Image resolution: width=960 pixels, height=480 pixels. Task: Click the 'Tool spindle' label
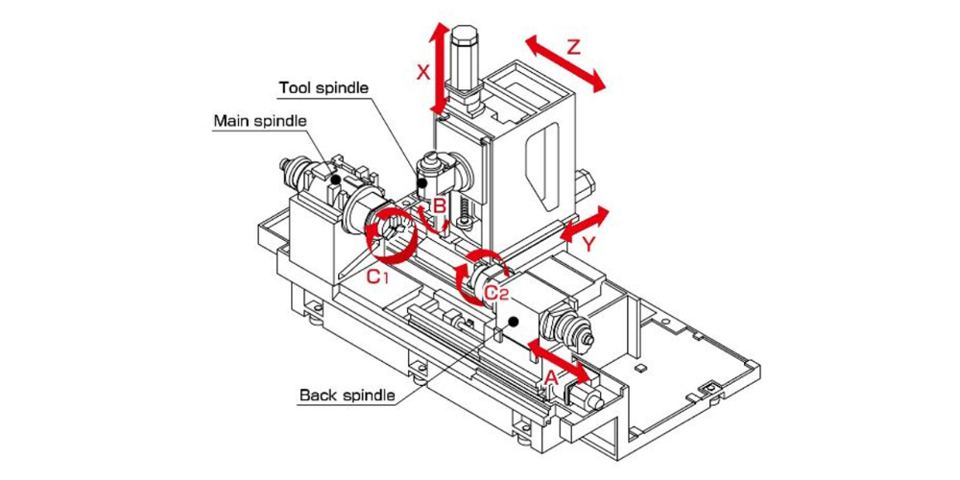click(324, 88)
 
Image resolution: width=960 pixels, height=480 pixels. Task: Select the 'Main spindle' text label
click(259, 121)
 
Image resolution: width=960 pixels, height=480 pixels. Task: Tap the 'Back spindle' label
click(347, 395)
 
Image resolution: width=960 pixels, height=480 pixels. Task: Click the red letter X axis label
click(421, 72)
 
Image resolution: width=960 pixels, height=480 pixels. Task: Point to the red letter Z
click(573, 46)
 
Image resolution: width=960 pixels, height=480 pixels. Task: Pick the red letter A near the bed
click(551, 377)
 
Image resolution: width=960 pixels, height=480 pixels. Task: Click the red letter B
click(438, 205)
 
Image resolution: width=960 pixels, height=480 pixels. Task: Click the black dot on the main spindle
click(335, 179)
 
